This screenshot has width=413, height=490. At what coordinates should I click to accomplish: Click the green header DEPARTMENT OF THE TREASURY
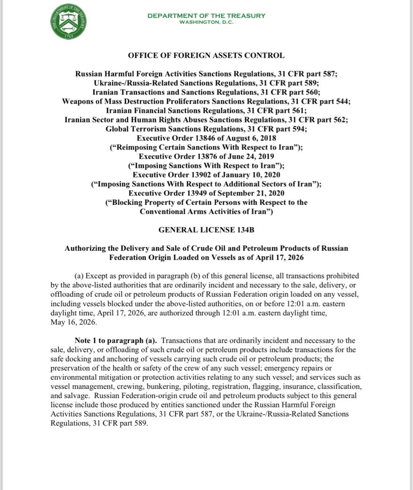pos(206,16)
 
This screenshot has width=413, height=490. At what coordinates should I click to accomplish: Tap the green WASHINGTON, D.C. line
pos(206,22)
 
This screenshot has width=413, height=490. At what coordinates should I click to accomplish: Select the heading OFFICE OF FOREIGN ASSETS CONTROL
pos(206,56)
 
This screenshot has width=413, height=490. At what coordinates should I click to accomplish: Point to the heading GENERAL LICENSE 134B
pos(206,230)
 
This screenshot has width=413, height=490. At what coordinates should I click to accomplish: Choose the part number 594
pos(298,129)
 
